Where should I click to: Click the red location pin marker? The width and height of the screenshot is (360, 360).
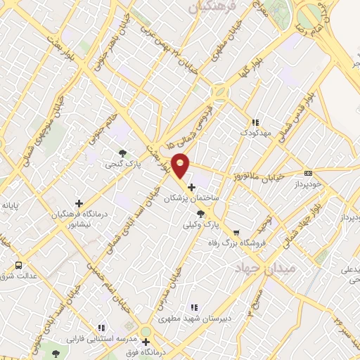[181, 165]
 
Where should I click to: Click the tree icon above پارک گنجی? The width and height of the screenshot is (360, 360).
[123, 153]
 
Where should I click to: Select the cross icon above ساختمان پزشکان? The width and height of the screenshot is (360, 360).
[192, 187]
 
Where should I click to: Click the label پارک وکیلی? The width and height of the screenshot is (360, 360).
[217, 225]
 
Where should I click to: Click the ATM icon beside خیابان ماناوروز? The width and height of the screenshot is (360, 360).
[308, 173]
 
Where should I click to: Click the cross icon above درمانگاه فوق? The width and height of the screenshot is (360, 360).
[146, 342]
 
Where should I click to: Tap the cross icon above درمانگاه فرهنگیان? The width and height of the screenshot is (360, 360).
[79, 203]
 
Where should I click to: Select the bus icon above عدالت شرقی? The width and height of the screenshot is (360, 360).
[18, 265]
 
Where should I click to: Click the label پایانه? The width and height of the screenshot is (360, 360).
[13, 205]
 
